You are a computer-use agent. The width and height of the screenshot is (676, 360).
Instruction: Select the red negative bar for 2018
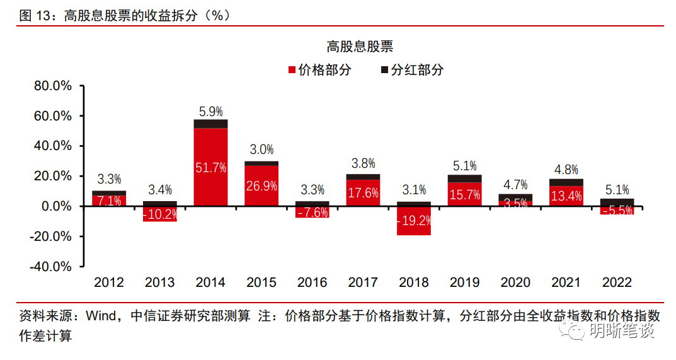pyautogui.click(x=413, y=228)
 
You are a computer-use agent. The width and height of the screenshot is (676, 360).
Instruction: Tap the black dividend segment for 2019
pyautogui.click(x=465, y=178)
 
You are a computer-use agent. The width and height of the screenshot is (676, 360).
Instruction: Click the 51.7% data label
pyautogui.click(x=210, y=168)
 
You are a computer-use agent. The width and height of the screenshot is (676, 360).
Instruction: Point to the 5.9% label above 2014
pyautogui.click(x=210, y=112)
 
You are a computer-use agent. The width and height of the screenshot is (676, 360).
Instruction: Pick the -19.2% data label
pyautogui.click(x=413, y=221)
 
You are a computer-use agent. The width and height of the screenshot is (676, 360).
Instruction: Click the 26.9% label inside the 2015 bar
pyautogui.click(x=261, y=187)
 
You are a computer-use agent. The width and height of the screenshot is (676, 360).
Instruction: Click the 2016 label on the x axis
pyautogui.click(x=312, y=282)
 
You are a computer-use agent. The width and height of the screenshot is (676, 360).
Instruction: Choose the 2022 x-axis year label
pyautogui.click(x=617, y=282)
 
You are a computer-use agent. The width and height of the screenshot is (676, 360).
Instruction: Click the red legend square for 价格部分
pyautogui.click(x=292, y=70)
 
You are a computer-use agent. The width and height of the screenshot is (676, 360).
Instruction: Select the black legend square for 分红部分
pyautogui.click(x=384, y=70)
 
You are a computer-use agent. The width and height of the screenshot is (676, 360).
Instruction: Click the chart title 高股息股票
pyautogui.click(x=360, y=47)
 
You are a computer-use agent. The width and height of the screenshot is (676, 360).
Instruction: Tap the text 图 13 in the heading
pyautogui.click(x=34, y=16)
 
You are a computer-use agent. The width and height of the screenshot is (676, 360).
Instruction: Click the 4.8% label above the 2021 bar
pyautogui.click(x=566, y=170)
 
